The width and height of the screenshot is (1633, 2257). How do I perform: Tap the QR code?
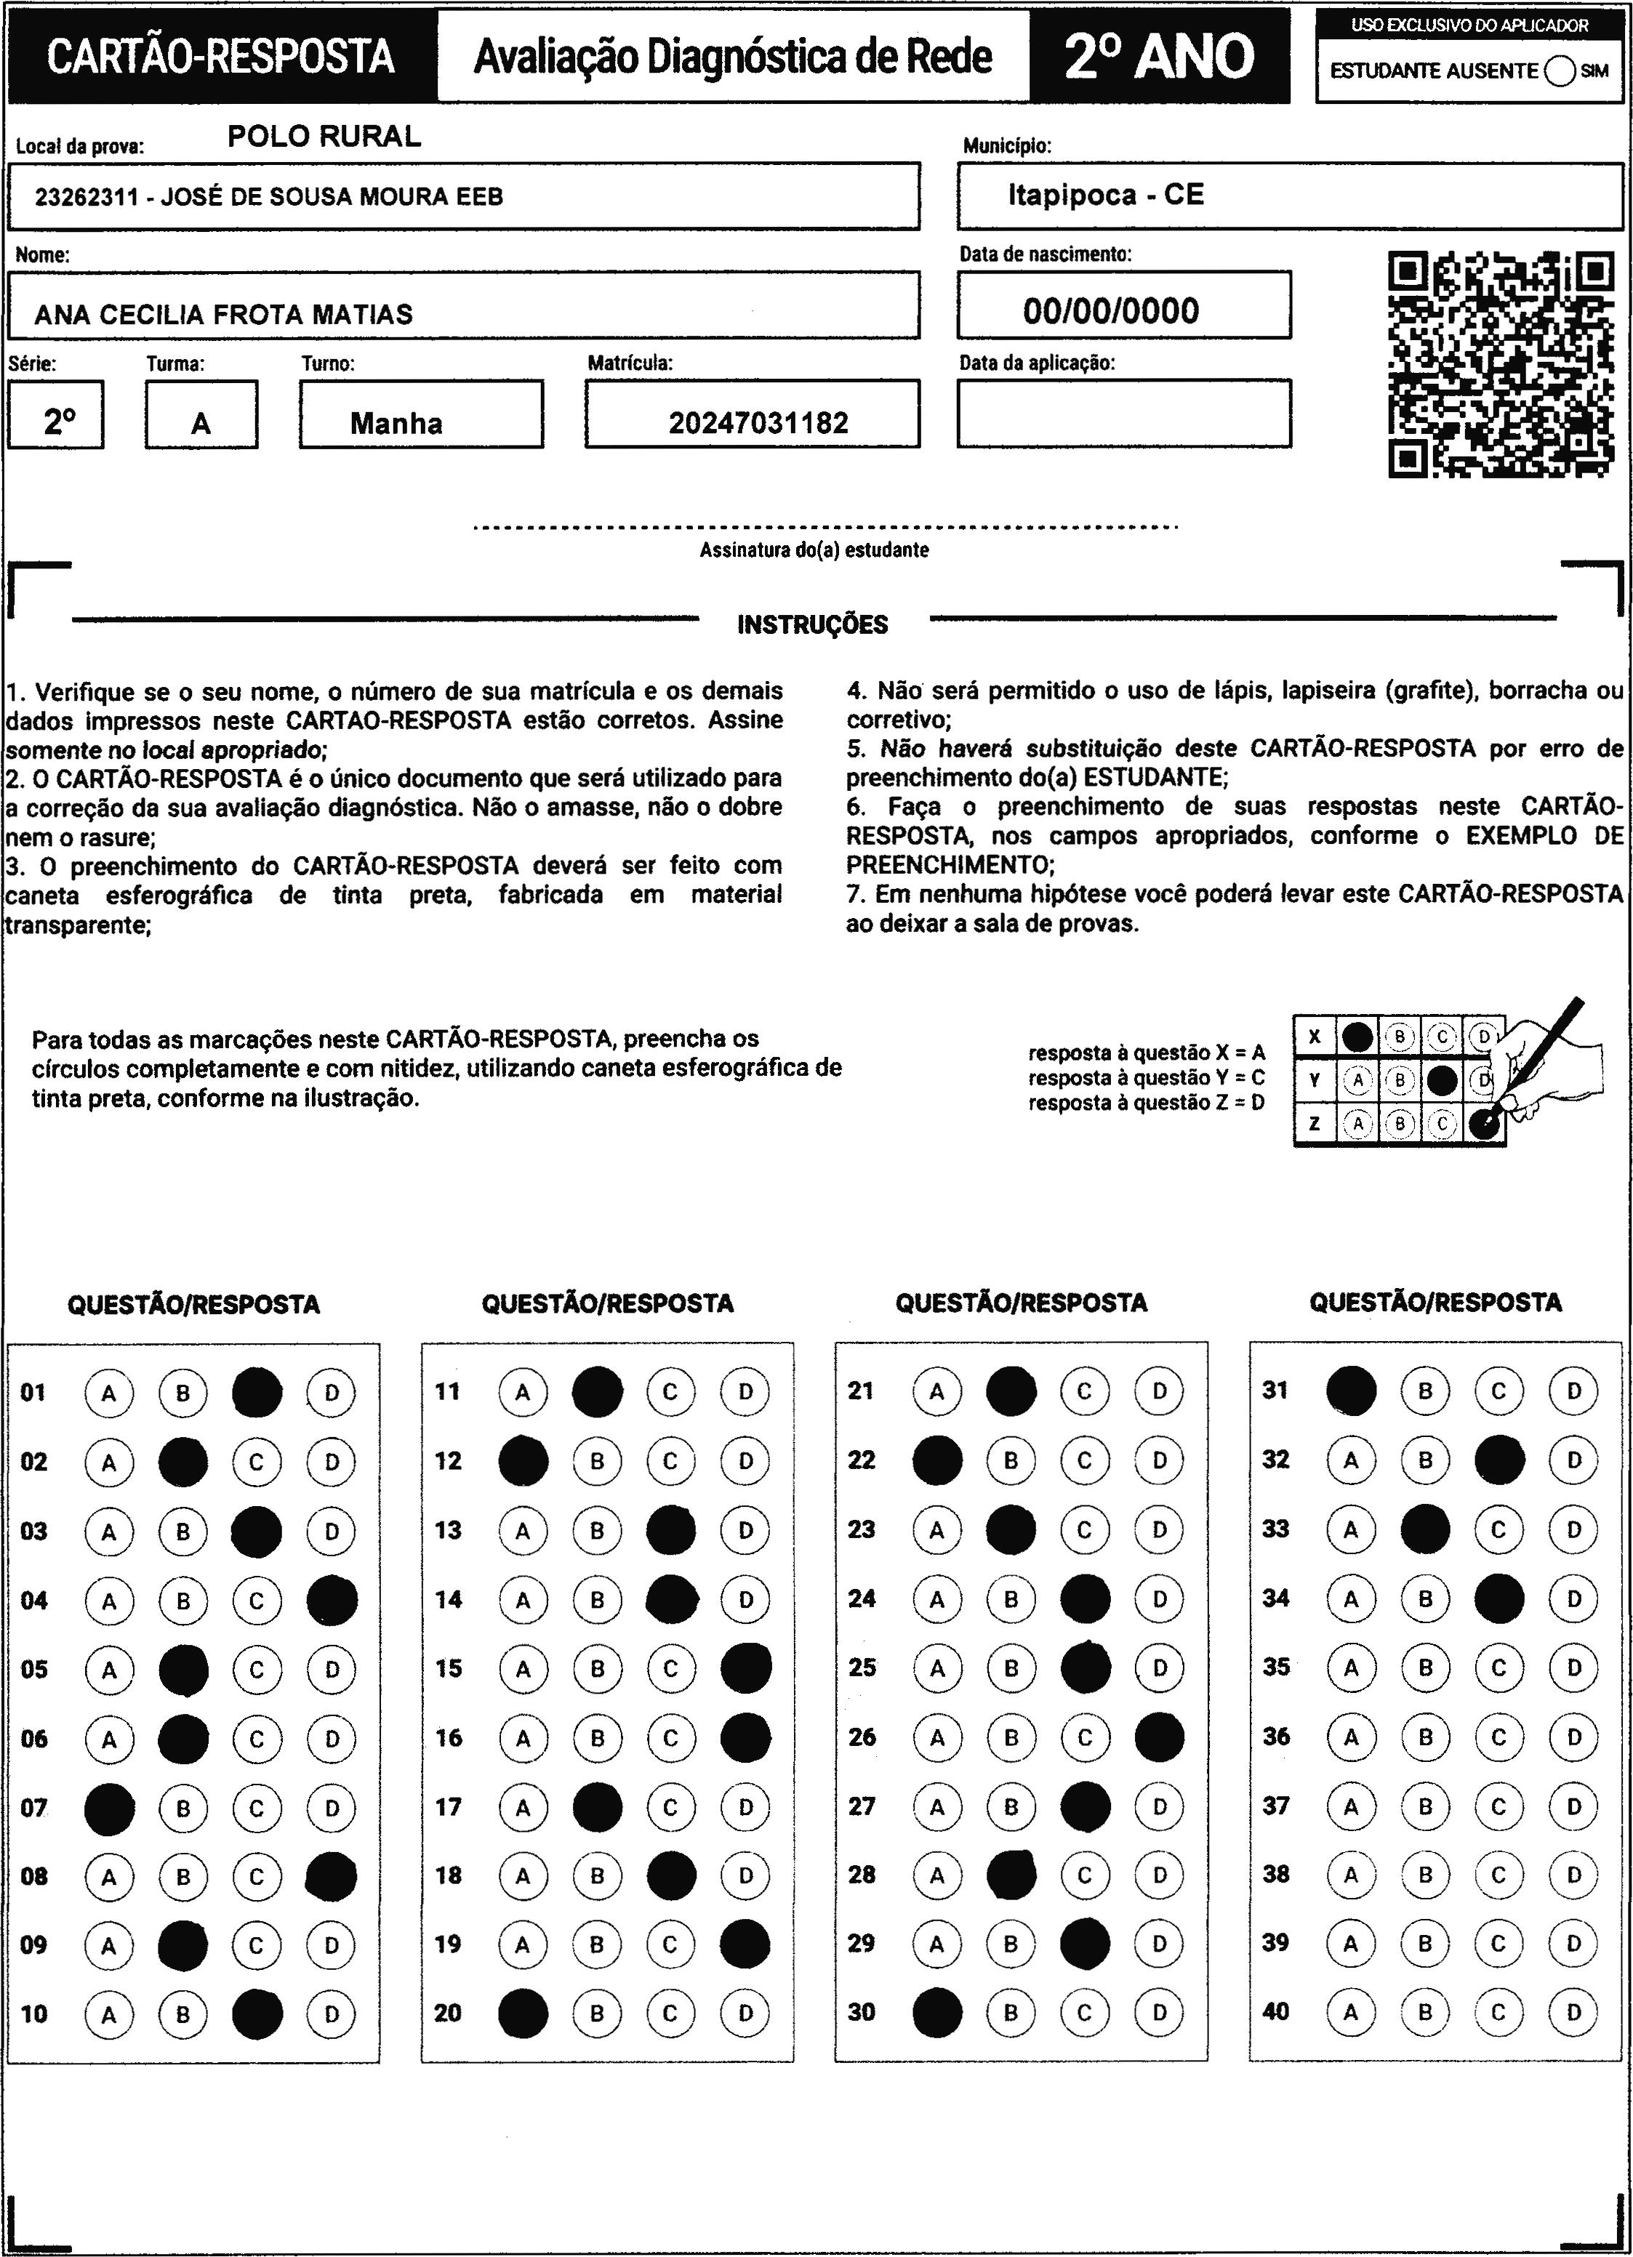[x=1501, y=365]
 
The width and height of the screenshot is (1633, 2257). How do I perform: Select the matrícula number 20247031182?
[x=758, y=423]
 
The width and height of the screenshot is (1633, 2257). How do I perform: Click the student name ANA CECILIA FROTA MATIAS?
[x=224, y=315]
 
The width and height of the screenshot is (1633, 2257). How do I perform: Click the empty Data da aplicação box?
[x=1123, y=413]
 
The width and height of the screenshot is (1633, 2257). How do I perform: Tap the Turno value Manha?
[x=396, y=423]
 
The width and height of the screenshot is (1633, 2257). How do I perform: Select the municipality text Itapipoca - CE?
[x=1106, y=194]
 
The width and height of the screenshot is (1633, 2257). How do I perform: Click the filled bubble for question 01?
[x=257, y=1392]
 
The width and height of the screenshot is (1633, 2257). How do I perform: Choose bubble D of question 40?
[x=1573, y=2012]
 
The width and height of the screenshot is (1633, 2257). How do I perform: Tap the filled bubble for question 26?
[x=1160, y=1737]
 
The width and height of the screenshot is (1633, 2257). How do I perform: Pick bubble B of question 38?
[x=1425, y=1875]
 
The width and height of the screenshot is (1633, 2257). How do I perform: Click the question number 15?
[x=449, y=1668]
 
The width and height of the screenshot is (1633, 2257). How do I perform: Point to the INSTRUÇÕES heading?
[x=812, y=625]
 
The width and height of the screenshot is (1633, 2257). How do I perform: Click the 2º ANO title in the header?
[x=1160, y=57]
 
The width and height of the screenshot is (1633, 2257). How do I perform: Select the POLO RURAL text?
[x=324, y=137]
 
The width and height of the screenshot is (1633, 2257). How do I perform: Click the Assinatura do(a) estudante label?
[x=814, y=550]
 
